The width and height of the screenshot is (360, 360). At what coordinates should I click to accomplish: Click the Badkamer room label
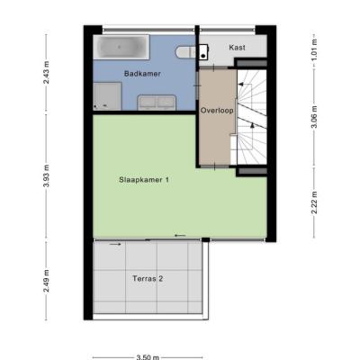(142, 74)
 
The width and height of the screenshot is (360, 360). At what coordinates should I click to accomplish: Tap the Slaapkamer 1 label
(144, 180)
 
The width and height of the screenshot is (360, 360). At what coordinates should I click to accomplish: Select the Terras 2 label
(148, 279)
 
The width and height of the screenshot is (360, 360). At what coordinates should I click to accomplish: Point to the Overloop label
(217, 111)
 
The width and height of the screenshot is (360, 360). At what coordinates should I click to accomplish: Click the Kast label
(237, 48)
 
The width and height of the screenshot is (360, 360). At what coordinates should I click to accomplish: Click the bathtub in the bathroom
(121, 47)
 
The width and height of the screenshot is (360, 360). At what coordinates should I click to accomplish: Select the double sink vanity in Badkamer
(157, 103)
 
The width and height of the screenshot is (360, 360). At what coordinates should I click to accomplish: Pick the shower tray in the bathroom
(107, 96)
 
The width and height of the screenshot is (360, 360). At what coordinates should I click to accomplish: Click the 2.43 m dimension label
(47, 72)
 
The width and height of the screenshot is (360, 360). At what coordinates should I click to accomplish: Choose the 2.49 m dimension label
(47, 281)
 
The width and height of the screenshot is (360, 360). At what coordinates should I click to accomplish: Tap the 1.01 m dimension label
(314, 49)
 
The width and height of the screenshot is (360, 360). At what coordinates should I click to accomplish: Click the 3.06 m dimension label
(314, 117)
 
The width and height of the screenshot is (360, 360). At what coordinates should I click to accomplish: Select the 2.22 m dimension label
(314, 202)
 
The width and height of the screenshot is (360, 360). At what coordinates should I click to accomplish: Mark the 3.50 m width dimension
(148, 357)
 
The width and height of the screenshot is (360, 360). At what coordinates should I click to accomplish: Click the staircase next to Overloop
(251, 117)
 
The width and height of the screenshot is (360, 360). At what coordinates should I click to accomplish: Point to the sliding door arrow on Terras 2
(115, 244)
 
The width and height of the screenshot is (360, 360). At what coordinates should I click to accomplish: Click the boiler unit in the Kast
(203, 51)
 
